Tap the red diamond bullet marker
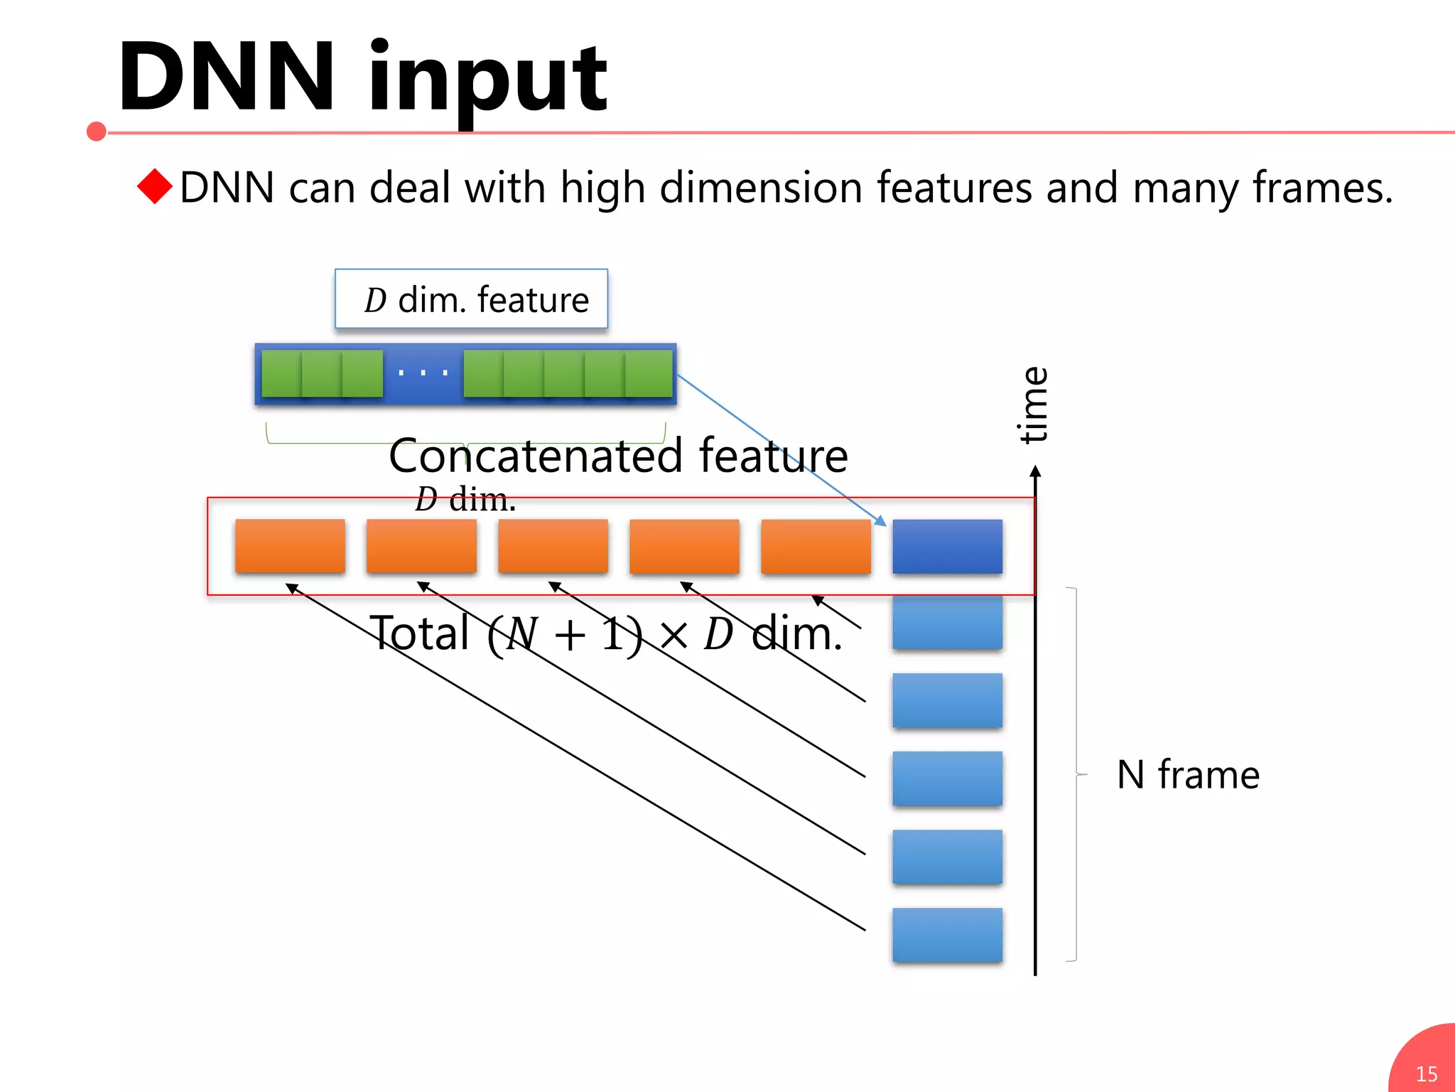click(155, 186)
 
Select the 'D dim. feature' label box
click(472, 299)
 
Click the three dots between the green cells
click(423, 373)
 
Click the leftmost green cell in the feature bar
click(281, 374)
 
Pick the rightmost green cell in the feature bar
click(649, 374)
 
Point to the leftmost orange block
click(290, 546)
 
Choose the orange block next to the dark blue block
click(816, 546)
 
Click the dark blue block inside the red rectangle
click(947, 546)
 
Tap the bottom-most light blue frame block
click(947, 935)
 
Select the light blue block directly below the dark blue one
click(947, 623)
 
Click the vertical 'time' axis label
click(1034, 405)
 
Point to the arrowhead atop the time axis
click(1035, 471)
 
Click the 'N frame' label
click(1188, 774)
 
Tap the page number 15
click(1427, 1074)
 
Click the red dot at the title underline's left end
click(97, 132)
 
